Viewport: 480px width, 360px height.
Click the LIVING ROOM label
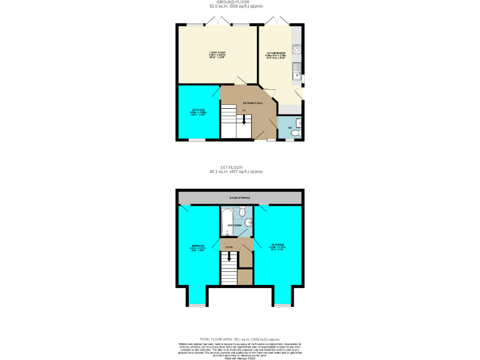[217, 52]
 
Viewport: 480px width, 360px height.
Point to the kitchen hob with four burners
[296, 50]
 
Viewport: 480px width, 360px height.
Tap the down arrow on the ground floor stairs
[244, 119]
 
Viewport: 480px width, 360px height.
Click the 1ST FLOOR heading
[231, 167]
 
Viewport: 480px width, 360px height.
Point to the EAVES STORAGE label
[239, 198]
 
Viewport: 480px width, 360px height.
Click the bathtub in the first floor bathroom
[227, 222]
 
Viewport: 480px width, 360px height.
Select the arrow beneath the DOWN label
[229, 255]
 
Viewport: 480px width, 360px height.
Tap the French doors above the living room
[217, 21]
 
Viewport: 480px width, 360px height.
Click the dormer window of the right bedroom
[282, 305]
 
